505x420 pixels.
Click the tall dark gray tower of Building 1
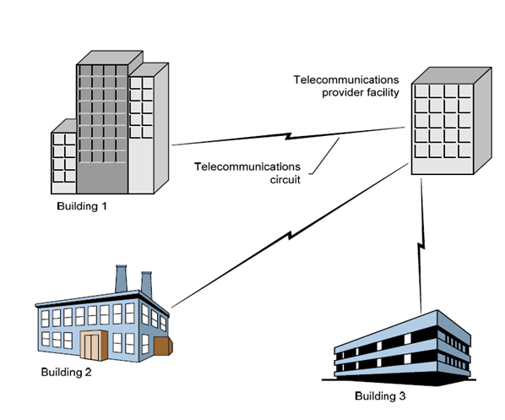point(101,127)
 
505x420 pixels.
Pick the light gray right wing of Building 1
point(141,127)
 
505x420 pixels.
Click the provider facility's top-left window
point(422,92)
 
